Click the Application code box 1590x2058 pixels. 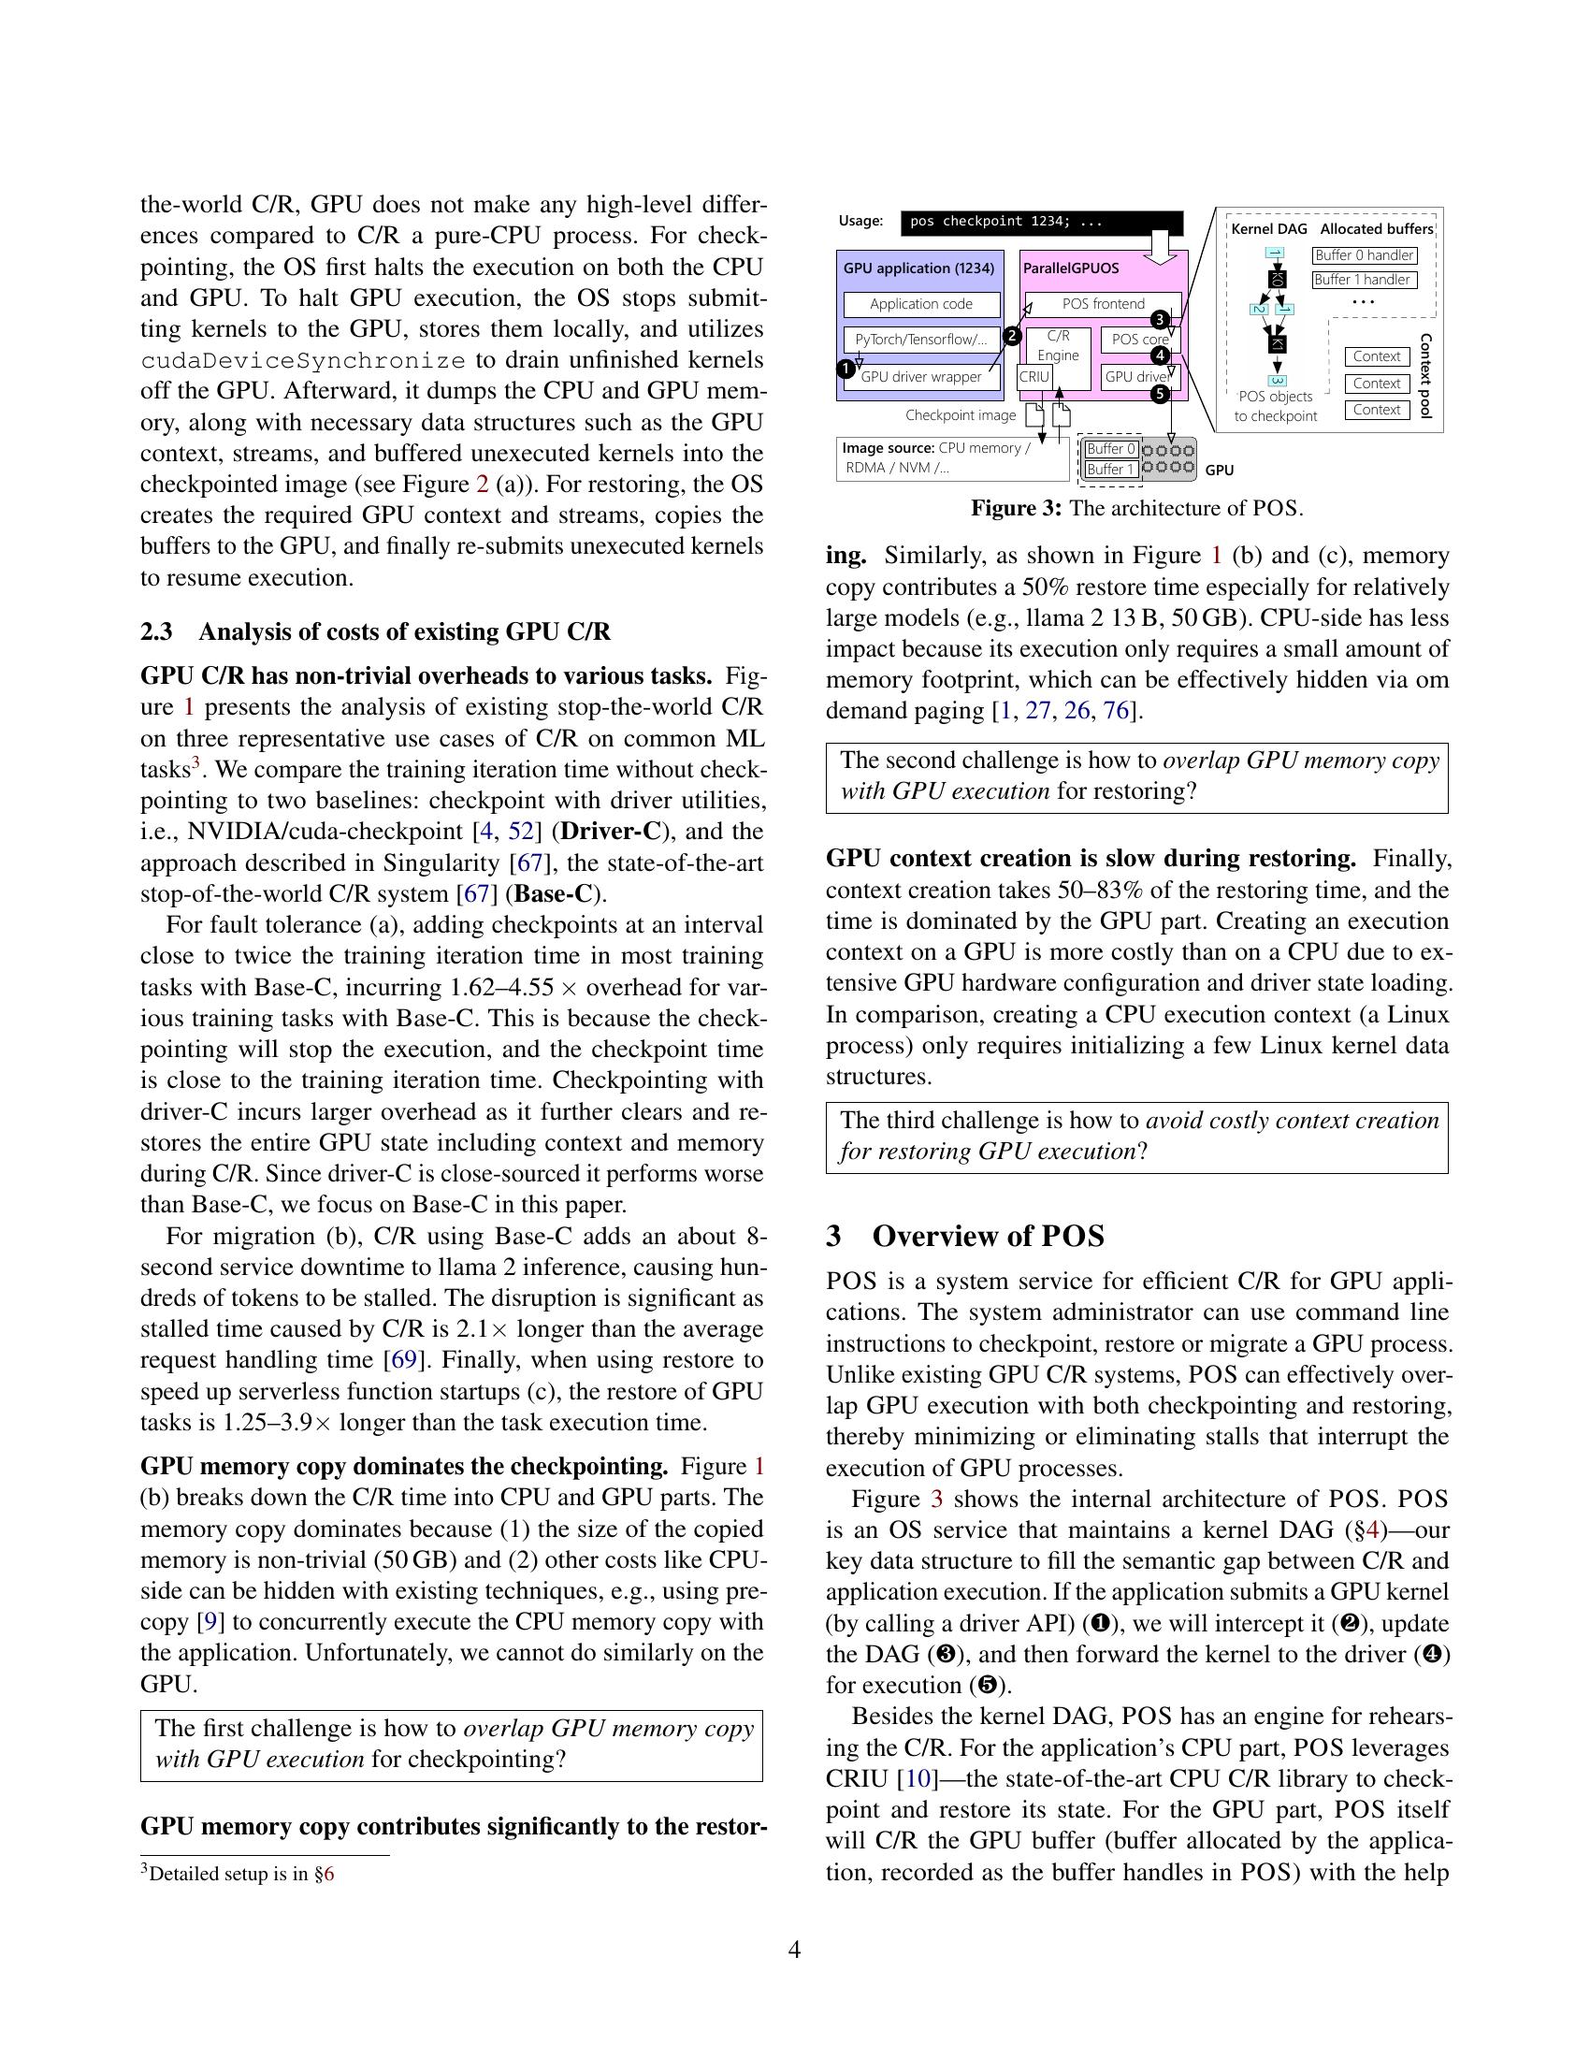(x=920, y=304)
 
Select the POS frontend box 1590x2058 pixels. (x=1102, y=304)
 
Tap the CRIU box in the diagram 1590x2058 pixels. (x=1033, y=377)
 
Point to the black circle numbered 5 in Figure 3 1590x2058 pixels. (x=1161, y=395)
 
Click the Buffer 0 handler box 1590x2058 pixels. (x=1364, y=255)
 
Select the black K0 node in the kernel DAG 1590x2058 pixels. (x=1278, y=279)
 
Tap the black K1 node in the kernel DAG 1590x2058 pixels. (x=1278, y=344)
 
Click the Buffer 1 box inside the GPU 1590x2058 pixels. (x=1110, y=470)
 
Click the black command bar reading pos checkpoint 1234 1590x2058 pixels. (x=1041, y=223)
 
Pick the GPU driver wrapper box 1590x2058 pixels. (x=920, y=377)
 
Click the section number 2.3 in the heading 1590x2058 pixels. (x=156, y=631)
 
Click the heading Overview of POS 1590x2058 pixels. (x=988, y=1237)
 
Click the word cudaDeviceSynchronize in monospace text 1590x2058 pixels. (x=302, y=361)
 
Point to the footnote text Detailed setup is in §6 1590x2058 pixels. (x=241, y=1874)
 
